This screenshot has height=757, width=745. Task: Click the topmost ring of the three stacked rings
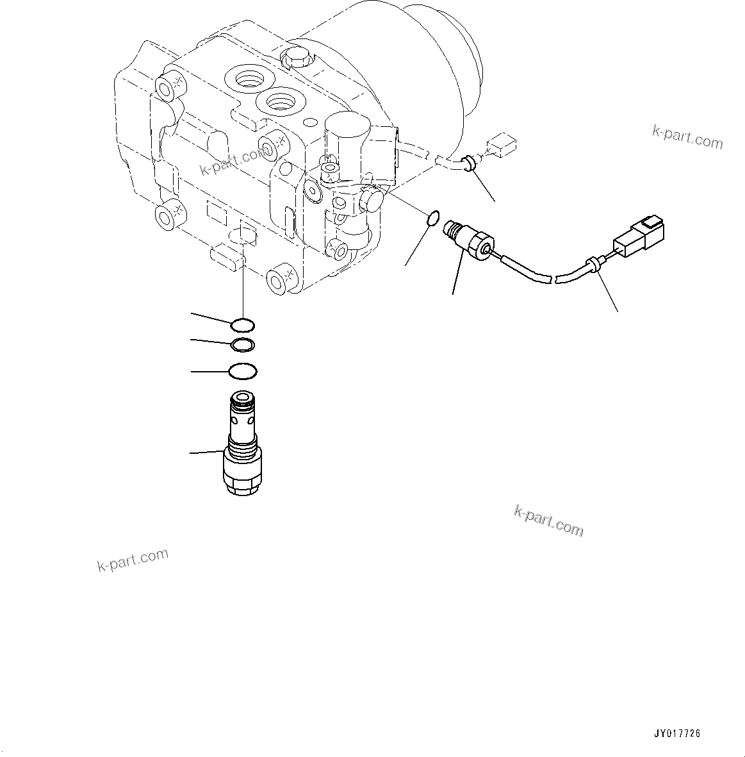point(243,324)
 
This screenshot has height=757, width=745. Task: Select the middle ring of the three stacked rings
point(243,345)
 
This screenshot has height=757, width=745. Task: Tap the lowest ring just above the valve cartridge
point(243,371)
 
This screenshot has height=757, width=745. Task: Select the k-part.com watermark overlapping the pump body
point(233,161)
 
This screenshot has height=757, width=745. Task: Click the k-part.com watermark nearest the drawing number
point(549,520)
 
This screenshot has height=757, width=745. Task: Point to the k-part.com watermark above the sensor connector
point(687,136)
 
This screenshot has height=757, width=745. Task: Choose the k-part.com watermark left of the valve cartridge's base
point(133,560)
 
